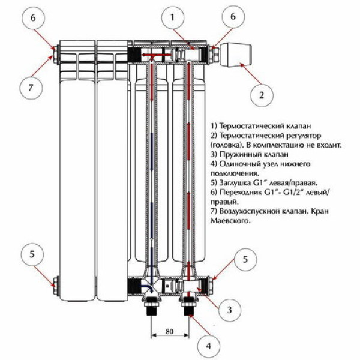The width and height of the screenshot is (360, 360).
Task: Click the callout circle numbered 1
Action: click(172, 19)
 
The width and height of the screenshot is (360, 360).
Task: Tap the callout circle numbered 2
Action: click(262, 94)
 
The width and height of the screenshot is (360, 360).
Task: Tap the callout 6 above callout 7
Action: click(34, 18)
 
